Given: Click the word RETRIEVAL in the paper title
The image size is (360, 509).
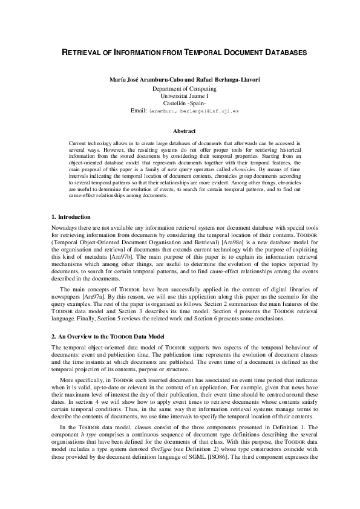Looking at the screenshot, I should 82,53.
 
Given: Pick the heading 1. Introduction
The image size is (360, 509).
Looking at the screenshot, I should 71,216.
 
